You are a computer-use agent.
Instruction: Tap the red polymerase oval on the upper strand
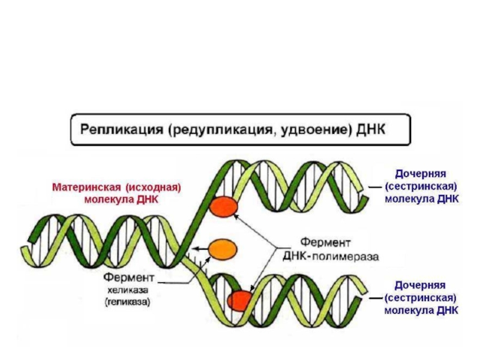(x=224, y=207)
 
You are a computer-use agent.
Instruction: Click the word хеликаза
(x=126, y=291)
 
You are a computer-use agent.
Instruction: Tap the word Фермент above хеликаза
(x=129, y=278)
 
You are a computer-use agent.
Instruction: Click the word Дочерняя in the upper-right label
(x=420, y=173)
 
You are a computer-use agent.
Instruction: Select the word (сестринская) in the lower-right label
(x=421, y=298)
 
